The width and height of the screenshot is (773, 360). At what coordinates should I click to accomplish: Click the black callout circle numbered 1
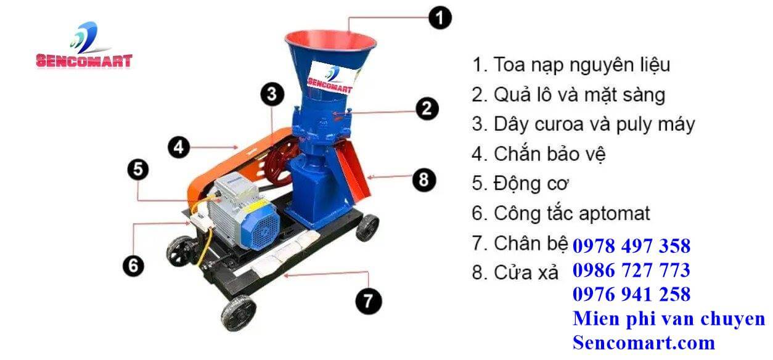pyautogui.click(x=440, y=18)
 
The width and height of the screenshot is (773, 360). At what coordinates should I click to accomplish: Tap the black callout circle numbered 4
pyautogui.click(x=179, y=147)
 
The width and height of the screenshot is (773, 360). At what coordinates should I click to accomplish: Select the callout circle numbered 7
pyautogui.click(x=369, y=301)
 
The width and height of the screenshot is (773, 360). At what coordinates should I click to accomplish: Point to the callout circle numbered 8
pyautogui.click(x=424, y=180)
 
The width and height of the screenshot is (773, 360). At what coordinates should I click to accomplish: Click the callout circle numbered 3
pyautogui.click(x=272, y=94)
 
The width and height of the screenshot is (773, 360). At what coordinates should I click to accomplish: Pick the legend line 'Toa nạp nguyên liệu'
pyautogui.click(x=571, y=65)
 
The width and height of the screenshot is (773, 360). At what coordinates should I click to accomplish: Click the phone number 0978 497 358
pyautogui.click(x=631, y=246)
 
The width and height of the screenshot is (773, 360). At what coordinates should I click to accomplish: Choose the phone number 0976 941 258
pyautogui.click(x=631, y=295)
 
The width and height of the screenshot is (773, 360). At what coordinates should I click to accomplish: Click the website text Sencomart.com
pyautogui.click(x=644, y=343)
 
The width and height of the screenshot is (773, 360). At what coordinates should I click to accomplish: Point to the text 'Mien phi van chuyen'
pyautogui.click(x=669, y=319)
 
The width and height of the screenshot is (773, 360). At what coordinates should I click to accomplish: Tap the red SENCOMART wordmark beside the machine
pyautogui.click(x=84, y=61)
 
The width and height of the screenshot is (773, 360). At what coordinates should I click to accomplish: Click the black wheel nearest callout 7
pyautogui.click(x=239, y=313)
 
